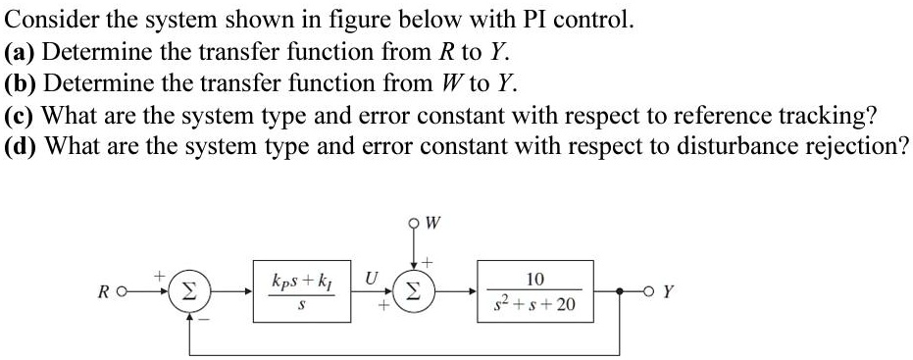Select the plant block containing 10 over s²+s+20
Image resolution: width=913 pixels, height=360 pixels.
click(534, 291)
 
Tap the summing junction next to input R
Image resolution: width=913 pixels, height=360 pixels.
click(185, 291)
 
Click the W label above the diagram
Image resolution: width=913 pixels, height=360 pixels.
click(432, 222)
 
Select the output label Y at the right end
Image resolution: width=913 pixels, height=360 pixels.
click(667, 291)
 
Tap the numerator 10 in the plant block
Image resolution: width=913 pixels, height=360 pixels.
click(534, 279)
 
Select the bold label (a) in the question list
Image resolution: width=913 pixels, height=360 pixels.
click(21, 51)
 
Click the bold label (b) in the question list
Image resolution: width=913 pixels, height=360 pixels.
click(22, 82)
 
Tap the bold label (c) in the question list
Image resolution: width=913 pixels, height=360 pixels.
click(21, 115)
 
